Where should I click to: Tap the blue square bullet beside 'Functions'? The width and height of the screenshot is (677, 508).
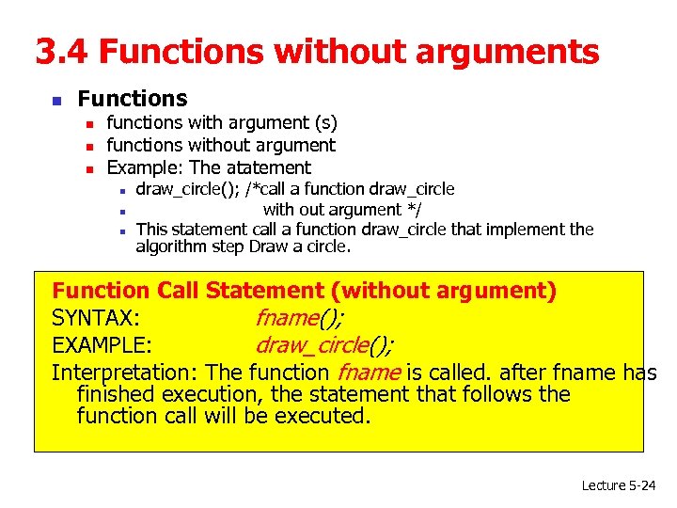coord(56,100)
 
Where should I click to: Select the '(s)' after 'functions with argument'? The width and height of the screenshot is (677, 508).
coord(324,122)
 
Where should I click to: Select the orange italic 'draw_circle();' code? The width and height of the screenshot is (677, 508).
coord(324,344)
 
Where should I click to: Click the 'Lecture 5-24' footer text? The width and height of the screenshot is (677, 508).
coord(618,485)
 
